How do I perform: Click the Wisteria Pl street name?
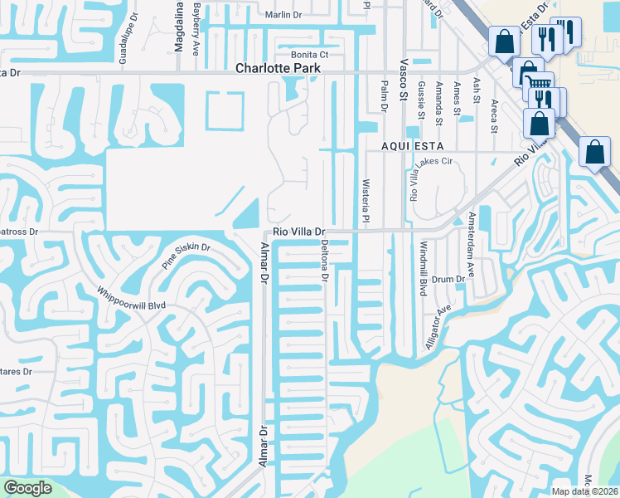pos(365,199)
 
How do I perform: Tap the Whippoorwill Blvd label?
pos(132,300)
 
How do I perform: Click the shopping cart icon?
pos(540,83)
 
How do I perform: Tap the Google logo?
pos(27,488)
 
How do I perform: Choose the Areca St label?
pos(493,115)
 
